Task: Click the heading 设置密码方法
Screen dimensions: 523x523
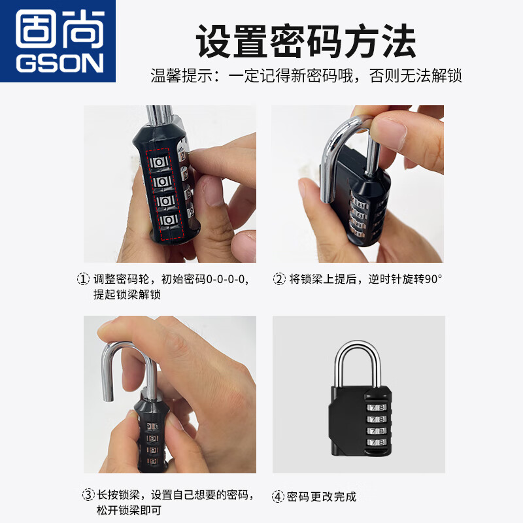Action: pos(306,42)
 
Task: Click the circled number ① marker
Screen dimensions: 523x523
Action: pos(83,279)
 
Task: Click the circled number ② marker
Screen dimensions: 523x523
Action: pos(279,279)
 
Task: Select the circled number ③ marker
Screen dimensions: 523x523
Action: pos(88,494)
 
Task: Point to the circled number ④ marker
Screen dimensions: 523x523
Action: pos(278,497)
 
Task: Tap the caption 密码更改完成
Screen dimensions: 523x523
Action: pos(322,497)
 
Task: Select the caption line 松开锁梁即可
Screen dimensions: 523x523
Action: pos(128,510)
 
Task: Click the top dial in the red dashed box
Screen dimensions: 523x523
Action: pos(161,161)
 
